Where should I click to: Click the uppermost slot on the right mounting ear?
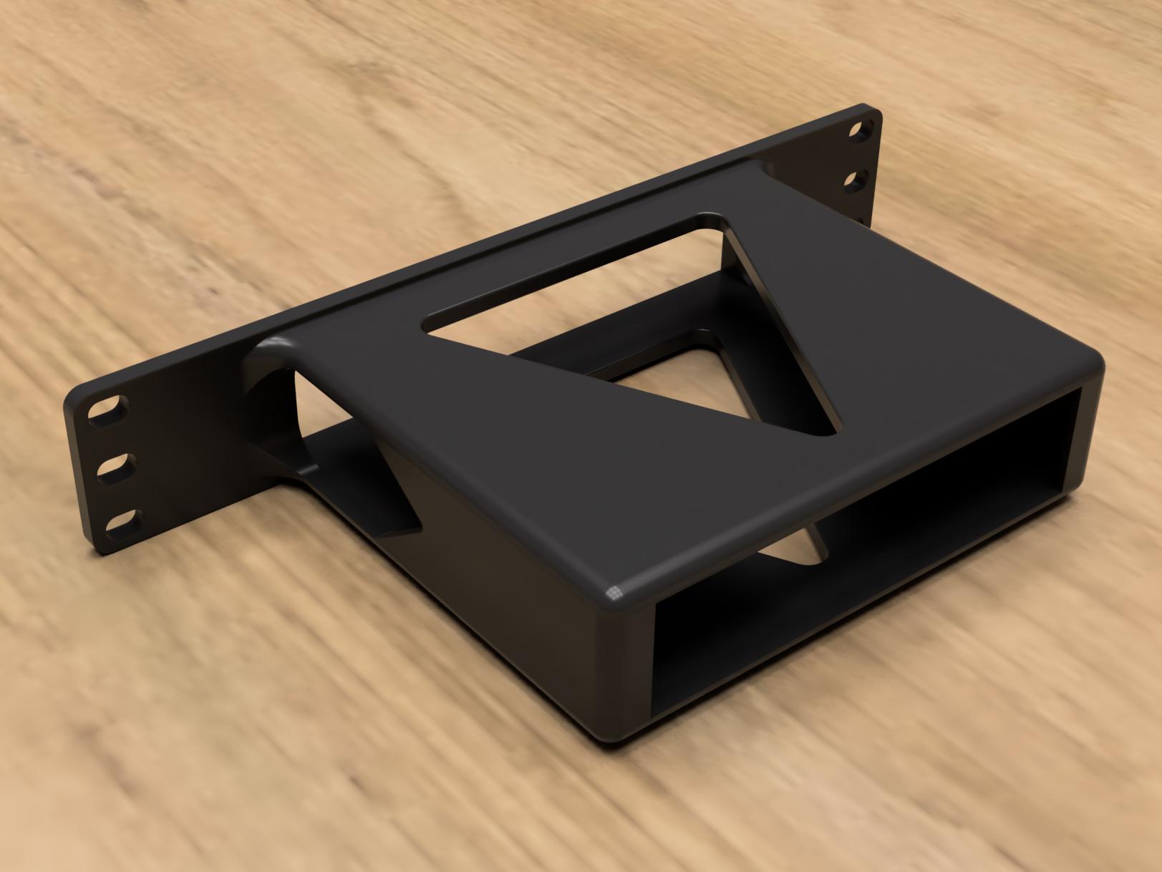coord(858,131)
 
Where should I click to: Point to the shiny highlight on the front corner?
coord(614,591)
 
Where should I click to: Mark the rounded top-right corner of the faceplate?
coord(872,111)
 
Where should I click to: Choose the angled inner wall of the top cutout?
coord(773,322)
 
